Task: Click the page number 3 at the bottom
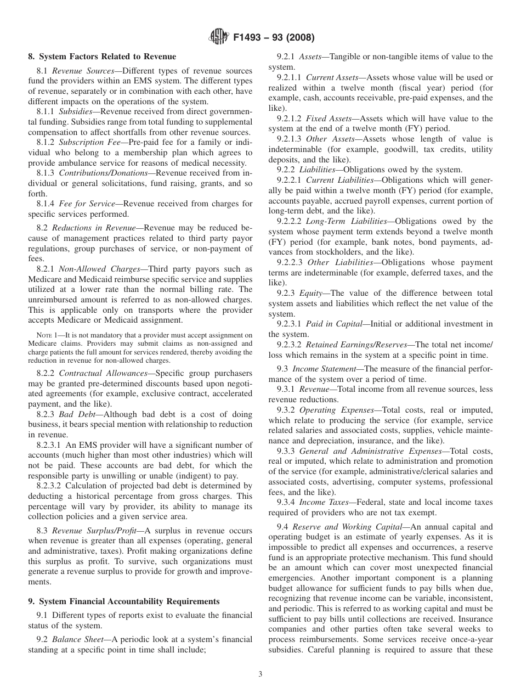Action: click(260, 674)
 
